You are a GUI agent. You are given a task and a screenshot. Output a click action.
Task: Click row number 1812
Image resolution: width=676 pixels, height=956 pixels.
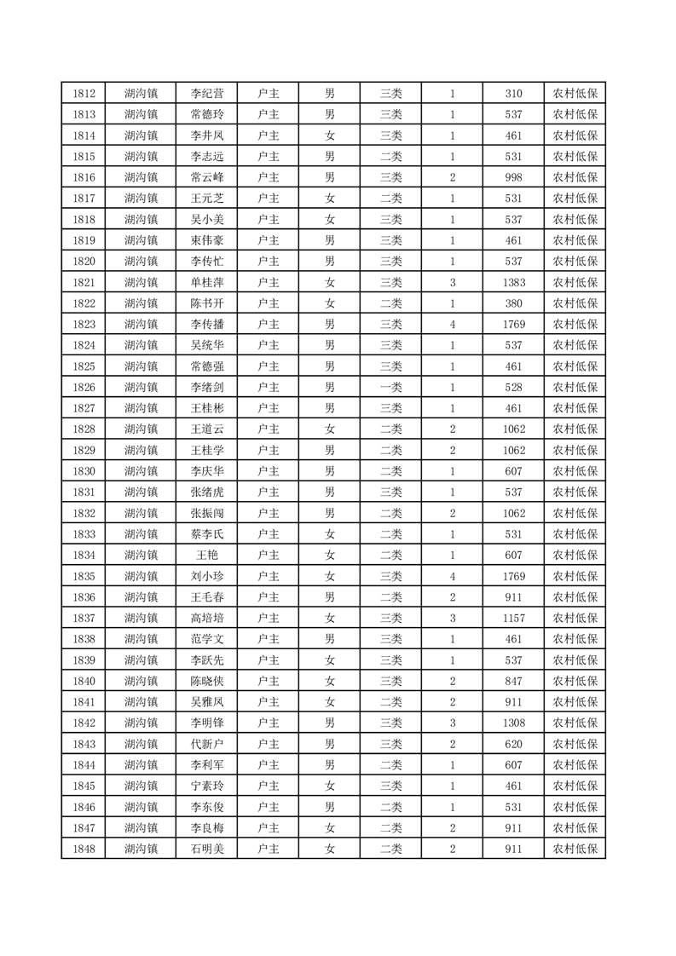[x=84, y=94]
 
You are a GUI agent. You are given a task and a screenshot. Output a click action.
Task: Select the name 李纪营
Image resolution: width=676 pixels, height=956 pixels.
[x=207, y=94]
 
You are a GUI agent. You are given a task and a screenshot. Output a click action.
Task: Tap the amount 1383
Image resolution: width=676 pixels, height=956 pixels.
[x=513, y=282]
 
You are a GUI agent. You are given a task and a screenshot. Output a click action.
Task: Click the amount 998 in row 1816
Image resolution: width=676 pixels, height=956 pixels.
[x=513, y=177]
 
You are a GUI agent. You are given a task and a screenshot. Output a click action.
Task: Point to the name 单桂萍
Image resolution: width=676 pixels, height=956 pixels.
[x=207, y=282]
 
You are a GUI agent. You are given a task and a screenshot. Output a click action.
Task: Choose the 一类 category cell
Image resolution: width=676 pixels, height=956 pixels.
[x=390, y=387]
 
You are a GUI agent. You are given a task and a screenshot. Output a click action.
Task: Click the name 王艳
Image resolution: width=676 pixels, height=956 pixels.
[x=207, y=555]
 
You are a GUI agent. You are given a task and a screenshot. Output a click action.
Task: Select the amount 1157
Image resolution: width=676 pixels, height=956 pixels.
[x=513, y=618]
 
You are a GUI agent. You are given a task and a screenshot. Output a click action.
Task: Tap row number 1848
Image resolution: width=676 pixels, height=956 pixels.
[x=84, y=849]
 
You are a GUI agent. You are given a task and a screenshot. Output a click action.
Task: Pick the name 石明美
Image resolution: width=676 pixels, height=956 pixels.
[x=207, y=849]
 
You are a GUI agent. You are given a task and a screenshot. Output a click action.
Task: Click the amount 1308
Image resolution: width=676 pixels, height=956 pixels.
[x=513, y=723]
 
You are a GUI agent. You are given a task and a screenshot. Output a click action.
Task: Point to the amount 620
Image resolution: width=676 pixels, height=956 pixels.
[x=513, y=744]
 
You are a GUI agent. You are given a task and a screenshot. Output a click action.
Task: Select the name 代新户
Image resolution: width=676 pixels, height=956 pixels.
[x=207, y=744]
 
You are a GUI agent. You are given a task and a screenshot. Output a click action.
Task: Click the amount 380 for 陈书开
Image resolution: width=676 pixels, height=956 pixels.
[x=513, y=303]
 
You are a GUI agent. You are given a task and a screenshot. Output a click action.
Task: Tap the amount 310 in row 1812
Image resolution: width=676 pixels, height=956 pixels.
[x=513, y=94]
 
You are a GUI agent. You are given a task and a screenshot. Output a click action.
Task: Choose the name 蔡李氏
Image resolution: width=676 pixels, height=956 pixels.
[x=207, y=534]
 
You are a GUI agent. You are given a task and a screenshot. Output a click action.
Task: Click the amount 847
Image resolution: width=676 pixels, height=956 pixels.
[x=513, y=681]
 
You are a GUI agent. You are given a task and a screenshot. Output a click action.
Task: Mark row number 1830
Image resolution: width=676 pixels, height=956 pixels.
[x=84, y=471]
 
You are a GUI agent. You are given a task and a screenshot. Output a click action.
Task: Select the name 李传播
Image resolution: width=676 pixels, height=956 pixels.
[x=207, y=324]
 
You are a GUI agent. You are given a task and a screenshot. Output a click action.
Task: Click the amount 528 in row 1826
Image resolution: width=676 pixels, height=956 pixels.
[x=513, y=387]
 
